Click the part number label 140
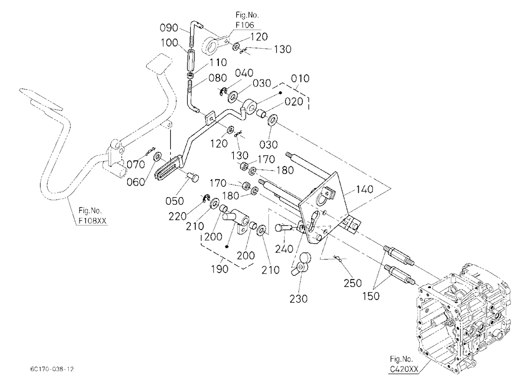tap(365, 189)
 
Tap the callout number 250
tap(352, 283)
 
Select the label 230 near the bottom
tap(298, 299)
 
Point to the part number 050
tap(175, 201)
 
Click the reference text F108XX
tap(92, 221)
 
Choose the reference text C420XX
tap(403, 369)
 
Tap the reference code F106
tap(245, 25)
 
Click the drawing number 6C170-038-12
tap(51, 369)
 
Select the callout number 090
tap(169, 28)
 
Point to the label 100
tap(170, 42)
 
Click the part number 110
tap(218, 62)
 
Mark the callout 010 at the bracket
tap(300, 78)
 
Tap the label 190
tap(219, 269)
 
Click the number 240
tap(284, 249)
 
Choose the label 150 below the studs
tap(371, 296)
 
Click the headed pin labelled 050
tap(193, 177)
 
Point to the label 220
tap(178, 216)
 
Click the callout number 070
tap(136, 165)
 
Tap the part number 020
tap(294, 101)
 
